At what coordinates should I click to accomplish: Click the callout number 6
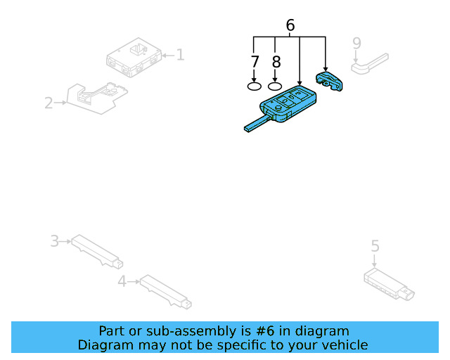(290, 26)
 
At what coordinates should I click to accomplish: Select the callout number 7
(255, 62)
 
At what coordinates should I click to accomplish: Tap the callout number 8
(276, 62)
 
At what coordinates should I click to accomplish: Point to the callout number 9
(356, 43)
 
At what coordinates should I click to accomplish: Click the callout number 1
(180, 54)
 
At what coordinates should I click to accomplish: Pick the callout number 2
(49, 103)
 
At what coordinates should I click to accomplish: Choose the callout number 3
(54, 241)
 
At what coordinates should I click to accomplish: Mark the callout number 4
(122, 281)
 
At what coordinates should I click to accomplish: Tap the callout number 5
(375, 245)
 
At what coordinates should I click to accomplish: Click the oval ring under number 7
(255, 86)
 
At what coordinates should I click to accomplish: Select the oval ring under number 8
(276, 86)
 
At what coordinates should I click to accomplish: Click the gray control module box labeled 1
(134, 57)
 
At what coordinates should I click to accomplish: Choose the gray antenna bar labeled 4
(165, 291)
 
